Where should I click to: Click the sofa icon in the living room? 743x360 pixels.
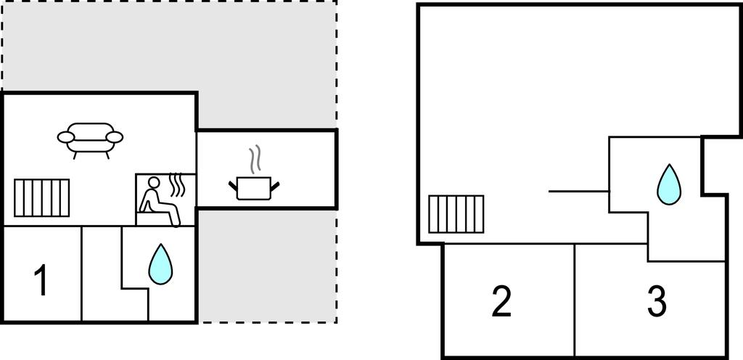click(x=90, y=140)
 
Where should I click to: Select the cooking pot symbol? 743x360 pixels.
click(x=253, y=188)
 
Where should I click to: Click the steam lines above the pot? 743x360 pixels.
click(x=255, y=159)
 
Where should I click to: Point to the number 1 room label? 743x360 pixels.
click(x=42, y=280)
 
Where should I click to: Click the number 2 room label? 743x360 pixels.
click(x=502, y=302)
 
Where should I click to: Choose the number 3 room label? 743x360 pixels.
click(x=657, y=302)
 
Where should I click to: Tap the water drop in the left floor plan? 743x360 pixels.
click(x=160, y=264)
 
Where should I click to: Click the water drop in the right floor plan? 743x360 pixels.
click(x=668, y=185)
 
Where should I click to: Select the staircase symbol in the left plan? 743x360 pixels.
click(x=41, y=198)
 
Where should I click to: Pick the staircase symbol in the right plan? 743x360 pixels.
click(x=456, y=214)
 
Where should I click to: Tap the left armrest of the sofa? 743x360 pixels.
click(x=66, y=137)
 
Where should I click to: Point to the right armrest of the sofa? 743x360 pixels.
click(x=115, y=137)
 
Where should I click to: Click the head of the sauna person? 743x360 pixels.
click(x=154, y=182)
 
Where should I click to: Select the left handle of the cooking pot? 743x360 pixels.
click(x=233, y=185)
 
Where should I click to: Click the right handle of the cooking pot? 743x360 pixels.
click(x=275, y=185)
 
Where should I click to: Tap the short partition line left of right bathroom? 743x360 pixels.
click(x=579, y=192)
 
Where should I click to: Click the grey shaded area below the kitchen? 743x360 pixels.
click(x=267, y=265)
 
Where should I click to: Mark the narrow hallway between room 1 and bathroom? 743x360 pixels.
click(x=102, y=274)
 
